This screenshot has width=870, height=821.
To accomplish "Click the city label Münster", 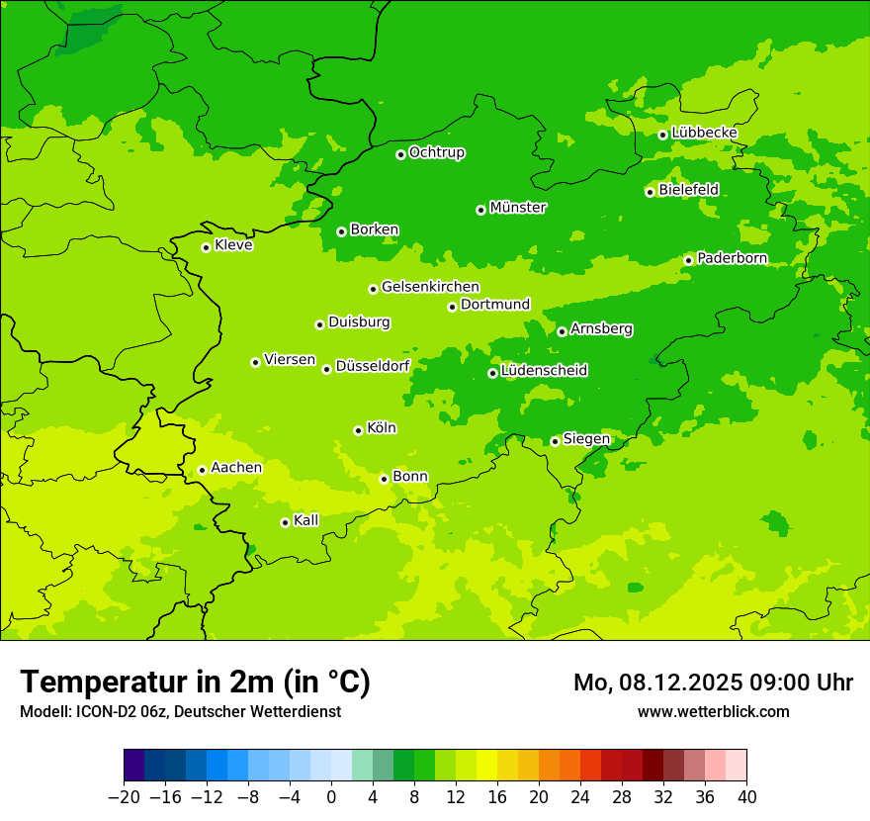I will (x=518, y=208).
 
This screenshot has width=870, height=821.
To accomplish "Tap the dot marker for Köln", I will (x=358, y=430).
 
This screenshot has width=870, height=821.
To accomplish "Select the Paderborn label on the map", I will (x=732, y=258).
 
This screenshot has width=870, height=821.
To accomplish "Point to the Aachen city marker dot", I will (x=202, y=470).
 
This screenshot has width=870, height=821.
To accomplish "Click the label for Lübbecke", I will (x=704, y=133).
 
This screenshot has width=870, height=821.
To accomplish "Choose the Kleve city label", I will (x=233, y=245).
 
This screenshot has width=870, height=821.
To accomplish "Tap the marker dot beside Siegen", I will (x=555, y=441).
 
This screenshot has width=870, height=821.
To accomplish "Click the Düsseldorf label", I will (x=373, y=366).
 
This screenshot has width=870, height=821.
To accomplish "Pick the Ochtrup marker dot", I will (x=400, y=154).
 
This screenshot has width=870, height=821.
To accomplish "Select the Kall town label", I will (x=306, y=520).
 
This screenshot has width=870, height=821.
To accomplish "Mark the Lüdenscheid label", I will (x=544, y=371).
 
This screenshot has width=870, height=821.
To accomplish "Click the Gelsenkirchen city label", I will (x=430, y=287).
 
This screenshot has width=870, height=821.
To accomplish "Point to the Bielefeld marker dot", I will (x=650, y=192).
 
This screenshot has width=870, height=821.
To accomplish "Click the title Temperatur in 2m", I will (x=195, y=683).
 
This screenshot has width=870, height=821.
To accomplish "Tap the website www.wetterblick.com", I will (x=713, y=711).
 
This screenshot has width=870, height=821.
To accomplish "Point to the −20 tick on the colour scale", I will (x=124, y=797).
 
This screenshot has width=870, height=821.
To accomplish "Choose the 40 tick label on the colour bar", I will (x=746, y=797).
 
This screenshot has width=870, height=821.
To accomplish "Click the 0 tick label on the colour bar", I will (x=331, y=797).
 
